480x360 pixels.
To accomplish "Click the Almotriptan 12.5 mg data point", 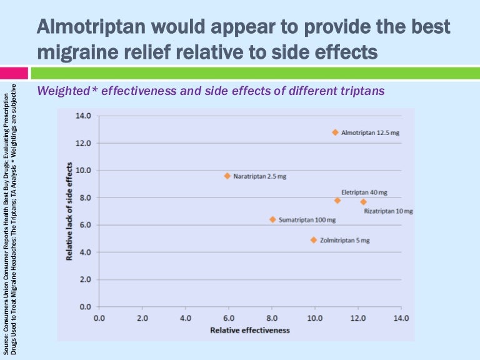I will [x=335, y=132].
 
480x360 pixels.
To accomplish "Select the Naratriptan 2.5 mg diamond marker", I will [x=227, y=176].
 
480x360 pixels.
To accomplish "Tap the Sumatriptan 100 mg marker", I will [x=272, y=219].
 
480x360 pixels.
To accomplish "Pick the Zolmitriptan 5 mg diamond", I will [x=314, y=240].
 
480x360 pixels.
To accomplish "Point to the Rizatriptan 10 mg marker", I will [x=363, y=202].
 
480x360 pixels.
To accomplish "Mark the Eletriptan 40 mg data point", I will [x=337, y=201].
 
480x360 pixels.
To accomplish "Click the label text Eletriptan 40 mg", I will [x=364, y=192].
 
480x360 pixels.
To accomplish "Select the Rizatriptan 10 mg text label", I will [x=388, y=211].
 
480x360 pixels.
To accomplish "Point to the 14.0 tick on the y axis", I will [x=84, y=116].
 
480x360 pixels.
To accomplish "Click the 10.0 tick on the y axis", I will [x=84, y=170].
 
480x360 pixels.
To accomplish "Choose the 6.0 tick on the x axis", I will [x=229, y=318].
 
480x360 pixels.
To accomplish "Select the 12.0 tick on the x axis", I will [x=358, y=318].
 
